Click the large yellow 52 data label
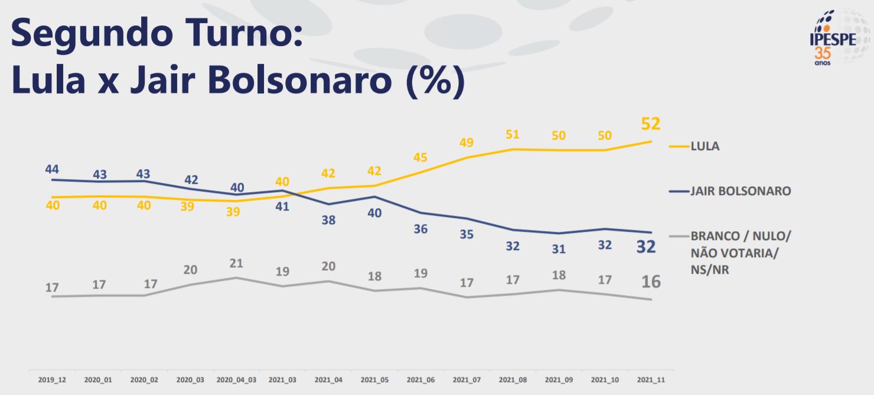(650, 124)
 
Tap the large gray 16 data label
(651, 282)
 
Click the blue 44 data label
(53, 169)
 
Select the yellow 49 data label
(467, 143)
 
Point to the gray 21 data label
(236, 263)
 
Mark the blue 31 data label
(559, 249)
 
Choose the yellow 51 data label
(513, 134)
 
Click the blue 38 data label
(328, 220)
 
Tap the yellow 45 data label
(420, 157)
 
